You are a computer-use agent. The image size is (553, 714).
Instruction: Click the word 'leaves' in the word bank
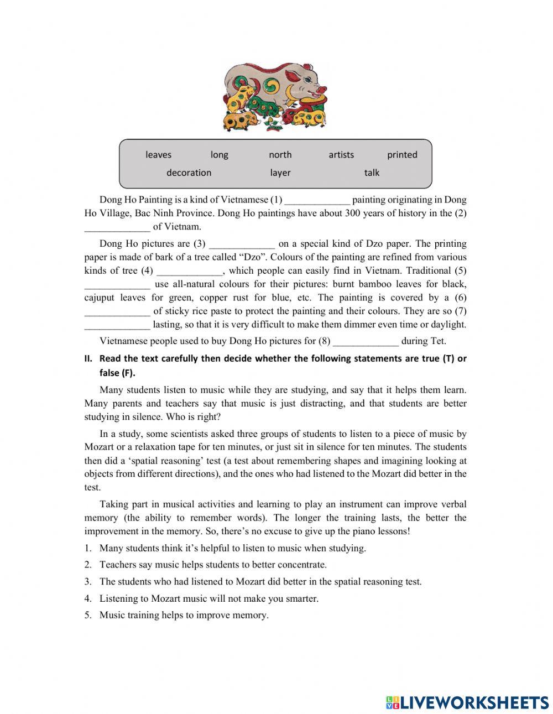click(158, 155)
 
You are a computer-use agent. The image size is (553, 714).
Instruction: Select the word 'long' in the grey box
click(219, 155)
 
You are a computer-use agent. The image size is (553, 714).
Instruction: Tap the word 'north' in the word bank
click(280, 155)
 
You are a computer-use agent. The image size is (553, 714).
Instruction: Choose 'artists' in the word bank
click(341, 155)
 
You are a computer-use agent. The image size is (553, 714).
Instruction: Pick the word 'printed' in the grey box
click(402, 155)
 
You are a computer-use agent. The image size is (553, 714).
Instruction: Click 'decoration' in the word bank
click(189, 173)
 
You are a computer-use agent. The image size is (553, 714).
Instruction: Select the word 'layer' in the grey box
click(280, 173)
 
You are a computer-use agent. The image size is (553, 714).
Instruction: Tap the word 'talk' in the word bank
click(372, 173)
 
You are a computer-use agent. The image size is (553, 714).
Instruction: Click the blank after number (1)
click(317, 200)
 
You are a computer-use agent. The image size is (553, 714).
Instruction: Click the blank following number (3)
click(242, 244)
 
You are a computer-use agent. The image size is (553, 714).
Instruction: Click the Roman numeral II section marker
click(88, 358)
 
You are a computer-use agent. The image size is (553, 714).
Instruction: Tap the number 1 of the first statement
click(87, 549)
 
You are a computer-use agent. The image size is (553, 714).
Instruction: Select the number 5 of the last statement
click(87, 615)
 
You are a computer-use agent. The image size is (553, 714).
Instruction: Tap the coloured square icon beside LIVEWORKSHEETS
click(393, 702)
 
